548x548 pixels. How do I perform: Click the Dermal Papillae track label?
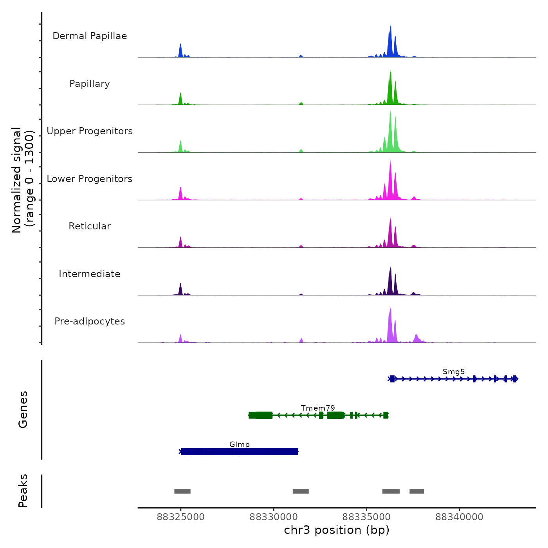tap(90, 36)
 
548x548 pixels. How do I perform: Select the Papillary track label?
tap(90, 84)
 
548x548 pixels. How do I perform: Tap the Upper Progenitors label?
tap(90, 131)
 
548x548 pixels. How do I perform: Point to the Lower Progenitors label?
tap(90, 179)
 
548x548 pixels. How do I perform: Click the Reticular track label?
tap(90, 226)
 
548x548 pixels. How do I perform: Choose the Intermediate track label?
tap(90, 274)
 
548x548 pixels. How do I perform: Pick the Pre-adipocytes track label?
tap(90, 321)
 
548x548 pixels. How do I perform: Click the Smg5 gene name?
tap(454, 371)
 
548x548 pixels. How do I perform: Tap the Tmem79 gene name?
tap(318, 408)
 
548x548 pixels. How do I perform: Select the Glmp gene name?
tap(240, 444)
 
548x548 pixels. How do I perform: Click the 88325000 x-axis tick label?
tap(181, 517)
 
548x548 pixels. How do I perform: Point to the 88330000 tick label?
tap(274, 517)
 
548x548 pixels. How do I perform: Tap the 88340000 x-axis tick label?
tap(460, 517)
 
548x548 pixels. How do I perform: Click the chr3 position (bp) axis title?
tap(337, 530)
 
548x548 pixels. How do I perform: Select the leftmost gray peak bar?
tap(182, 491)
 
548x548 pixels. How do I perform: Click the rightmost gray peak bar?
tap(417, 491)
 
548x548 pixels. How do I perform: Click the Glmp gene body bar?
tap(240, 452)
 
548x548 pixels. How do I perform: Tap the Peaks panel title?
tap(23, 491)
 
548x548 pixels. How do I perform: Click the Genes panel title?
tap(23, 409)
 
